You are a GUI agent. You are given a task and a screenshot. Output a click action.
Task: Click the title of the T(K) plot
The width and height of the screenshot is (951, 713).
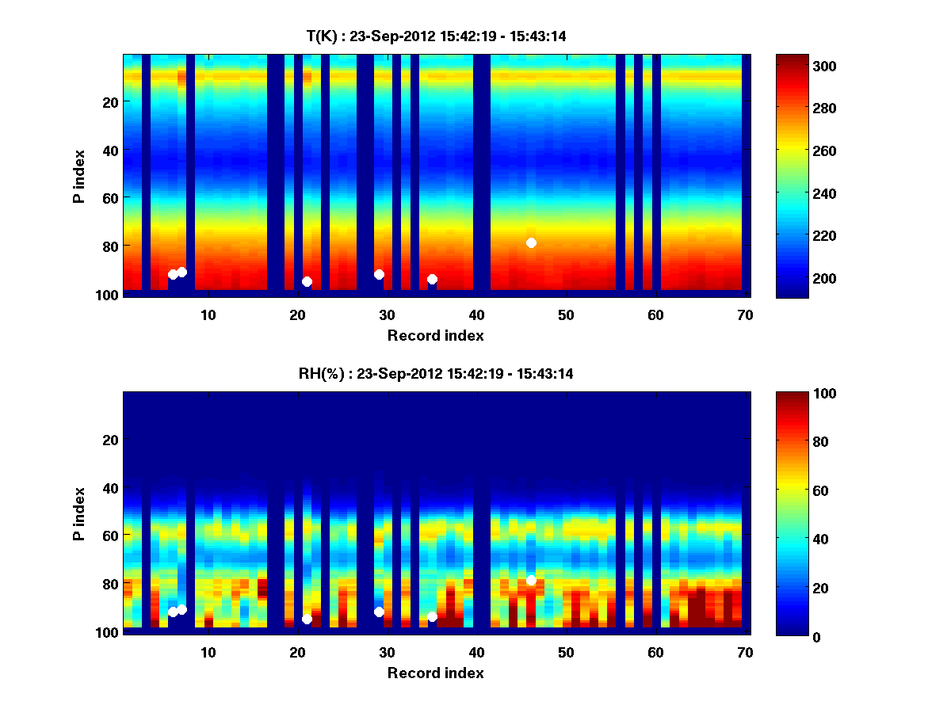[436, 36]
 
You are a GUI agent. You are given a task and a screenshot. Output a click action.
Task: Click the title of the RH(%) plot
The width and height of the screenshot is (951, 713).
[436, 373]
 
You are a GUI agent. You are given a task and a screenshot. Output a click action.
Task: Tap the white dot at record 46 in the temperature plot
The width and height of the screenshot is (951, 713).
[531, 242]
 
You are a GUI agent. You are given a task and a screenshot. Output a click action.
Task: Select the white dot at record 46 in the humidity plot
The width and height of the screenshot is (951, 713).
[531, 580]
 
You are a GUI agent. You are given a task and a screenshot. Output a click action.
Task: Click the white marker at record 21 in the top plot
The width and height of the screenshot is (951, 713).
[307, 281]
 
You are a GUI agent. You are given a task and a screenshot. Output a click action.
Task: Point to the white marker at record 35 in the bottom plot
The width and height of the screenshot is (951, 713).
[432, 616]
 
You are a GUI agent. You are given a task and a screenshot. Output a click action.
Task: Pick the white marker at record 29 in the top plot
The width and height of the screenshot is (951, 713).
[379, 274]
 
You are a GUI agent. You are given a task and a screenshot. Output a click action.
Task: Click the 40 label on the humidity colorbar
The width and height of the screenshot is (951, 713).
[792, 539]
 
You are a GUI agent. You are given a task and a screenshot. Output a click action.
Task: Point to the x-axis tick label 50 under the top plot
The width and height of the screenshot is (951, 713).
[566, 315]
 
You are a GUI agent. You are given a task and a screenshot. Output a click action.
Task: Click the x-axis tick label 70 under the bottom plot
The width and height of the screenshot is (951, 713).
[745, 653]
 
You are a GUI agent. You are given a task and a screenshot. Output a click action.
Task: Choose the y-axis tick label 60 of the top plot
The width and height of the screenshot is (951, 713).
[109, 197]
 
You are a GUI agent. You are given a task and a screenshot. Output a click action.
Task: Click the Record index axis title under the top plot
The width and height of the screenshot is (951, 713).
[436, 335]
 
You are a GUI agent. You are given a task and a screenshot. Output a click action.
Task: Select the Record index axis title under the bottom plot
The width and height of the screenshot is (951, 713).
[436, 673]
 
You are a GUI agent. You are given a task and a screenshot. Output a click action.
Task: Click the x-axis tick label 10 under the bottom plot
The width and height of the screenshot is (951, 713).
[208, 653]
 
